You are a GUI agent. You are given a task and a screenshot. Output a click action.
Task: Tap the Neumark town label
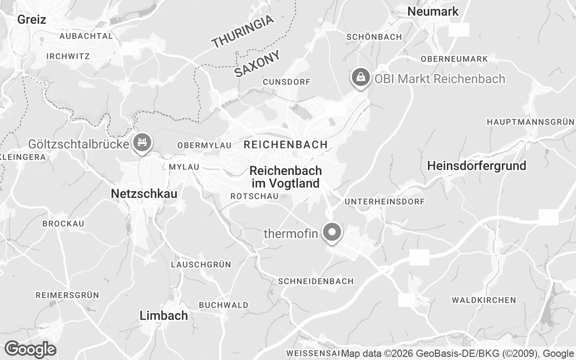coord(433,11)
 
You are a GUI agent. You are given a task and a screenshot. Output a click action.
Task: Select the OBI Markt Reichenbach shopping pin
coord(360,78)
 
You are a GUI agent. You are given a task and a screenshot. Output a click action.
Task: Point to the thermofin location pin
coord(333,233)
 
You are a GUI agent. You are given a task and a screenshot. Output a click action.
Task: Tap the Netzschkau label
coord(144,193)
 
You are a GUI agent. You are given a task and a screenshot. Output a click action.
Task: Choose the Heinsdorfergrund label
coord(477,166)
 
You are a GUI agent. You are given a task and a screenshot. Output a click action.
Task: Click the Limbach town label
coord(164,315)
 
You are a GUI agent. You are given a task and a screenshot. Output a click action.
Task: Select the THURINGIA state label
coord(243,31)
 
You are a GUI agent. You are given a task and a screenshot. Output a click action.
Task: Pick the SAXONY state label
coord(257,63)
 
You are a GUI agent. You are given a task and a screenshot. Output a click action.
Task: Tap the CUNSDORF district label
coord(287,82)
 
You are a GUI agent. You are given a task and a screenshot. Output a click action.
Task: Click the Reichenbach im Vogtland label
coord(285,177)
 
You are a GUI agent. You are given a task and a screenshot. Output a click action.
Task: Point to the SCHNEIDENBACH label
coord(316,281)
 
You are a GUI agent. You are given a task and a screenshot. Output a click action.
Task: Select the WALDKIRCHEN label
coord(484,300)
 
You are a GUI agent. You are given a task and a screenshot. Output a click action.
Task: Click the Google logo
coord(30,349)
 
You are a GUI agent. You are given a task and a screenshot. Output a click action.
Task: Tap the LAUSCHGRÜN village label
coord(201,265)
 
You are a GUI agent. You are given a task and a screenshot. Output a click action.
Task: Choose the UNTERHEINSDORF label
coord(384,202)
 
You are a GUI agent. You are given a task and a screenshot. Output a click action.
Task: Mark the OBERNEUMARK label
coord(454,59)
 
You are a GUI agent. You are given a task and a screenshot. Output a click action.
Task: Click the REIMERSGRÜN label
coord(67,295)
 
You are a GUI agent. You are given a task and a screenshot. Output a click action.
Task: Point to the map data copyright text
coord(458,353)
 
